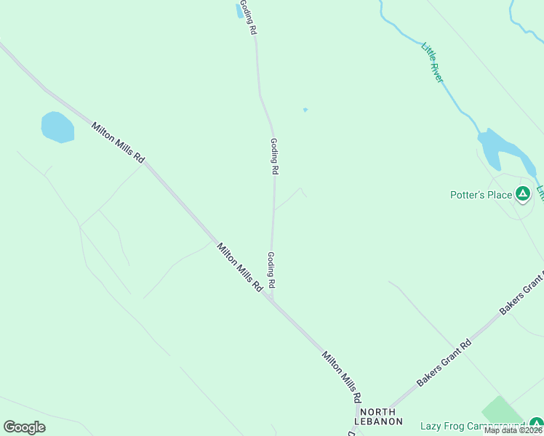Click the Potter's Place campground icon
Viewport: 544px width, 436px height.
point(522,194)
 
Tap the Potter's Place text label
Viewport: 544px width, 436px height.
point(481,195)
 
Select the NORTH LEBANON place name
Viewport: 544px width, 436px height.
point(378,416)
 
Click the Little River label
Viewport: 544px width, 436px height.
point(432,62)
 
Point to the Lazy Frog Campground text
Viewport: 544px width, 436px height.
point(472,426)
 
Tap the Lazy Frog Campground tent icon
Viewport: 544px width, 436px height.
point(536,424)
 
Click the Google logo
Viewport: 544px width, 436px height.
point(24,427)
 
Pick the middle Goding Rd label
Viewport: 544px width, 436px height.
point(274,156)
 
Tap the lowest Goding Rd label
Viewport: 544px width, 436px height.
point(271,269)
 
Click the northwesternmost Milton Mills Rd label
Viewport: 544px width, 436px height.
point(119,142)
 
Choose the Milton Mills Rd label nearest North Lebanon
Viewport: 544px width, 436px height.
point(342,376)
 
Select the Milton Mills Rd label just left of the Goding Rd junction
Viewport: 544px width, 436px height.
point(239,267)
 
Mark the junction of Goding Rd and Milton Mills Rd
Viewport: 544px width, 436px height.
point(271,297)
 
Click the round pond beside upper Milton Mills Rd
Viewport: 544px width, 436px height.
point(57,127)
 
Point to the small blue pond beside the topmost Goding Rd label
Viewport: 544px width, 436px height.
point(240,10)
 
